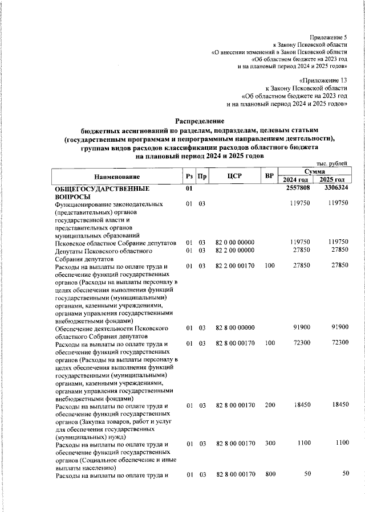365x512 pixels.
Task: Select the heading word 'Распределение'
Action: pyautogui.click(x=200, y=121)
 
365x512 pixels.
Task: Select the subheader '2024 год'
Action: pyautogui.click(x=296, y=180)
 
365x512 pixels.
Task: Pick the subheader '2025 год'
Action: pyautogui.click(x=334, y=180)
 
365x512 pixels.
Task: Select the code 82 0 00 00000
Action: pyautogui.click(x=235, y=242)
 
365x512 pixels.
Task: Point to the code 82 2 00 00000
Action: pyautogui.click(x=235, y=250)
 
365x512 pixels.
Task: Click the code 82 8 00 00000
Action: pyautogui.click(x=235, y=329)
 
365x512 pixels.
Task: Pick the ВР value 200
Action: pyautogui.click(x=270, y=405)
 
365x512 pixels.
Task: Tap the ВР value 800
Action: pyautogui.click(x=270, y=474)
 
